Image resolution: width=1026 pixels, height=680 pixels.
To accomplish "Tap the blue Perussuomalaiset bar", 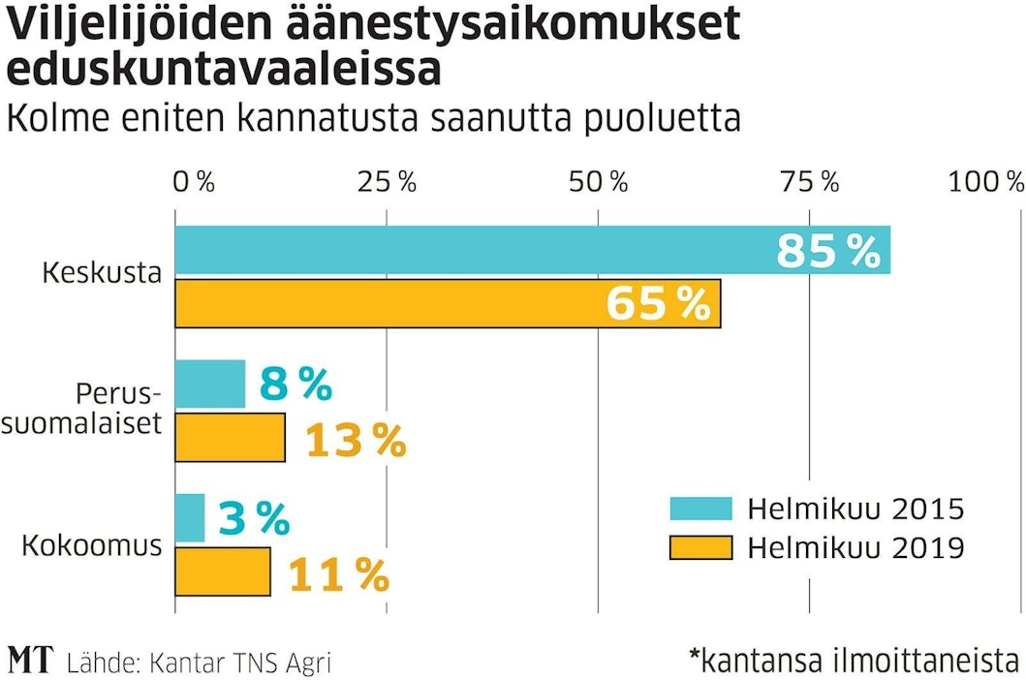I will pyautogui.click(x=210, y=384).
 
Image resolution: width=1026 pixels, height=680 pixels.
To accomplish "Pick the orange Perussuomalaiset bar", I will pyautogui.click(x=231, y=438).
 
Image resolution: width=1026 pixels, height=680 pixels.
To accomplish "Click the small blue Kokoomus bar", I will pyautogui.click(x=190, y=517).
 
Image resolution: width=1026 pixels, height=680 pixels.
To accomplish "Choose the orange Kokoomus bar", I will pyautogui.click(x=223, y=572).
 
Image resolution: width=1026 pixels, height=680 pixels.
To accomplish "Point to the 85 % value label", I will pyautogui.click(x=828, y=252).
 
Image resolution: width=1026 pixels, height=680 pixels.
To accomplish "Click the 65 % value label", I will pyautogui.click(x=659, y=304).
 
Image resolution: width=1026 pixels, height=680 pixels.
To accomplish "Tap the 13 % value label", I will pyautogui.click(x=356, y=442).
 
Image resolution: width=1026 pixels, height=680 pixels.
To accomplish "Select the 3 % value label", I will pyautogui.click(x=254, y=520).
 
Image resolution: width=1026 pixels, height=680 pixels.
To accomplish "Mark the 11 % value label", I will pyautogui.click(x=339, y=575).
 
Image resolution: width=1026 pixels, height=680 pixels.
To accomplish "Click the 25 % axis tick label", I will pyautogui.click(x=387, y=181).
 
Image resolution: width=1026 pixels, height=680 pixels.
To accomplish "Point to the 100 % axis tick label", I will pyautogui.click(x=985, y=181).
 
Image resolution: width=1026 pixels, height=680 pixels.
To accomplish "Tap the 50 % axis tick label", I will pyautogui.click(x=598, y=181).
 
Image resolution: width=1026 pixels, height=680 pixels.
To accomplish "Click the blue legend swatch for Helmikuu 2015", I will pyautogui.click(x=700, y=509).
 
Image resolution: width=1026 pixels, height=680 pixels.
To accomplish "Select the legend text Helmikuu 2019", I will pyautogui.click(x=855, y=548).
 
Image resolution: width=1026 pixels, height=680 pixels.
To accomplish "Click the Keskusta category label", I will pyautogui.click(x=102, y=273).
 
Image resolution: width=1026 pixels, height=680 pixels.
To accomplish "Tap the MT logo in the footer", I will pyautogui.click(x=31, y=661).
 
